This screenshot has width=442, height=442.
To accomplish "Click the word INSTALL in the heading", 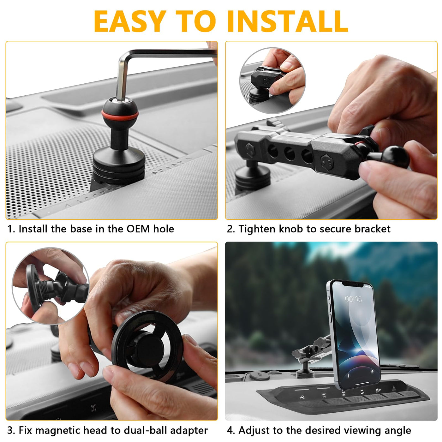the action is click(x=288, y=21).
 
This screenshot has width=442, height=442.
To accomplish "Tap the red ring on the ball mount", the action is click(x=120, y=115).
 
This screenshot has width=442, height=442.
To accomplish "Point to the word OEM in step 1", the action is click(x=138, y=229).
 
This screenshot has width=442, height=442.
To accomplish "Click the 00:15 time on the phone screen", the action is click(x=353, y=299).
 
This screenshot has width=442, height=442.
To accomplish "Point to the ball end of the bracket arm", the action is click(x=395, y=157).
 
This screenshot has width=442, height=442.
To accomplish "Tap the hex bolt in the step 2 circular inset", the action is click(x=266, y=81).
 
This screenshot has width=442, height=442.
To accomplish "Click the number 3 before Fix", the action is click(x=10, y=430).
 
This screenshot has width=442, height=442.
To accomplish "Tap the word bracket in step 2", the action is click(x=373, y=229).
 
